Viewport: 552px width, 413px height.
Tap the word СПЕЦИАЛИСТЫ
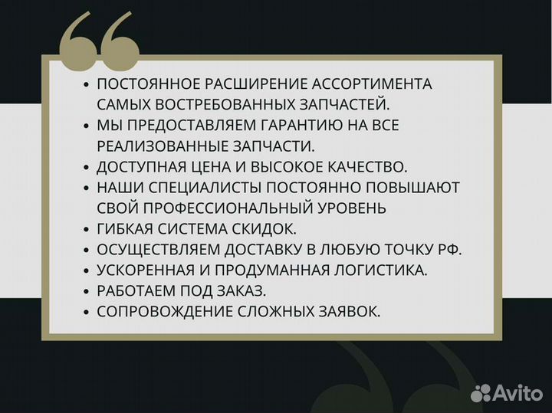(x=202, y=187)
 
